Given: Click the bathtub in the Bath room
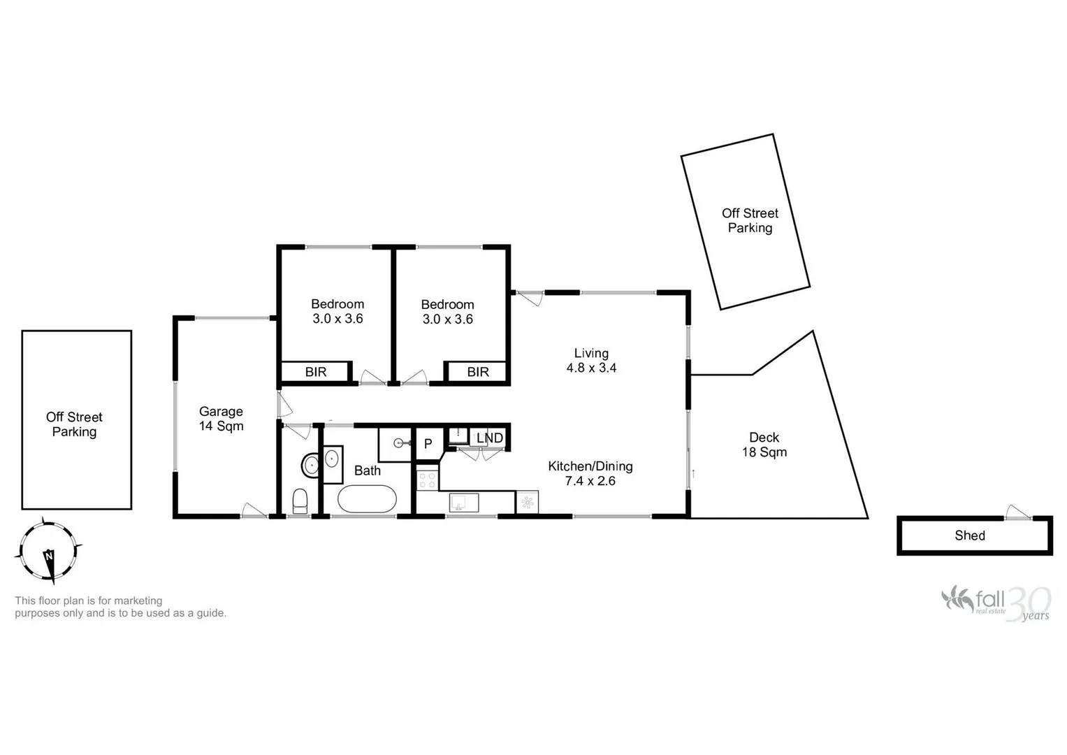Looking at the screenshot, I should pyautogui.click(x=367, y=499).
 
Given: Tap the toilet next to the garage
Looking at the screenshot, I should pyautogui.click(x=300, y=501).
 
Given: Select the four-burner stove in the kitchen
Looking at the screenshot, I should pyautogui.click(x=427, y=480).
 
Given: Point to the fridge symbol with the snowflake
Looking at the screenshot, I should pyautogui.click(x=527, y=502).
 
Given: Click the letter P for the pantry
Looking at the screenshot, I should pyautogui.click(x=428, y=444).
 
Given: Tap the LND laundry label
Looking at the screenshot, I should pyautogui.click(x=489, y=438).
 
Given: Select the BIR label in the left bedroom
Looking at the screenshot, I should pyautogui.click(x=316, y=372).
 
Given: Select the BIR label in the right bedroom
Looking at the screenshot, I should pyautogui.click(x=478, y=372).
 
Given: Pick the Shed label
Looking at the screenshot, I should pyautogui.click(x=970, y=535).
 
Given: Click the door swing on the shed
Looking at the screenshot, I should pyautogui.click(x=1017, y=512).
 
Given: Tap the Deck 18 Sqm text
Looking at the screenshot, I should pyautogui.click(x=764, y=445).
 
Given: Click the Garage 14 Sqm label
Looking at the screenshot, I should pyautogui.click(x=221, y=419).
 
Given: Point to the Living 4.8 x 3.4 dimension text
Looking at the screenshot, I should pyautogui.click(x=591, y=361).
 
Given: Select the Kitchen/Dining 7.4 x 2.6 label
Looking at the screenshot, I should pyautogui.click(x=590, y=473).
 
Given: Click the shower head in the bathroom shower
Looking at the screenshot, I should pyautogui.click(x=399, y=443).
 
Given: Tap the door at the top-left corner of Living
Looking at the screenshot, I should pyautogui.click(x=529, y=298).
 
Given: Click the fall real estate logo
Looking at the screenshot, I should pyautogui.click(x=995, y=602).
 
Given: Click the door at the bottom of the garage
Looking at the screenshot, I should pyautogui.click(x=253, y=510).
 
